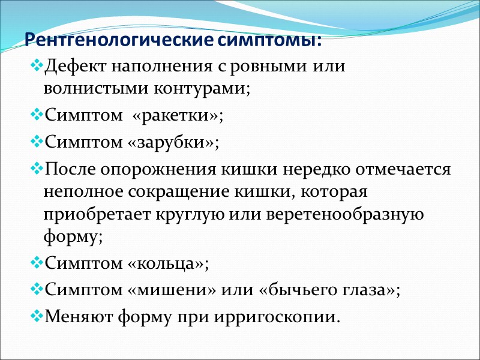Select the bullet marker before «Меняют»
click(x=37, y=315)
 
